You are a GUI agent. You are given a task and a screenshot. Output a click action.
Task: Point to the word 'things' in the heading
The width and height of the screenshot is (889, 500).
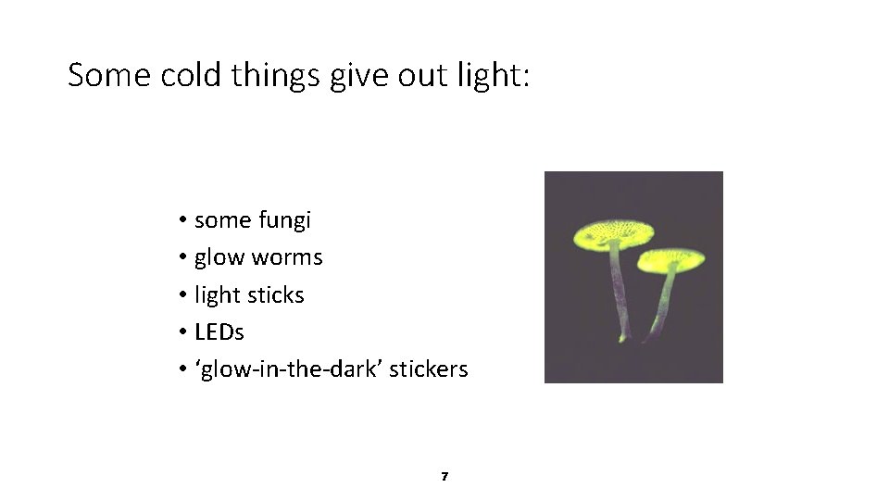click(x=278, y=74)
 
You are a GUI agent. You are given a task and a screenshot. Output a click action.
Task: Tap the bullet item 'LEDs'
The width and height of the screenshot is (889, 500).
click(x=219, y=331)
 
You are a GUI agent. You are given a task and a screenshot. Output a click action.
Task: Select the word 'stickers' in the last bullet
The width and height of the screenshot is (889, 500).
click(x=428, y=369)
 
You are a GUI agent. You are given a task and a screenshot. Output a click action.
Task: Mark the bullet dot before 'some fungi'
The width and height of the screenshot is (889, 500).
click(x=184, y=220)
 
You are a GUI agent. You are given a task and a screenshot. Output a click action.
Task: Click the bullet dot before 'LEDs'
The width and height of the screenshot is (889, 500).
click(x=184, y=331)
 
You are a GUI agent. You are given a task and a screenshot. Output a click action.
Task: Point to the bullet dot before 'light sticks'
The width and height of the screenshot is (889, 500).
click(x=184, y=295)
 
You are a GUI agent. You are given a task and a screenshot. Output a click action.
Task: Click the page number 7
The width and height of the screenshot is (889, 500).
click(x=444, y=476)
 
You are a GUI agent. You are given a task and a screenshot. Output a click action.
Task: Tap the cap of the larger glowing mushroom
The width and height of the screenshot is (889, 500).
click(x=613, y=233)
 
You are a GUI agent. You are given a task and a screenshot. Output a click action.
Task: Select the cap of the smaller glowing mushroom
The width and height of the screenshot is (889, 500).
click(x=671, y=259)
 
